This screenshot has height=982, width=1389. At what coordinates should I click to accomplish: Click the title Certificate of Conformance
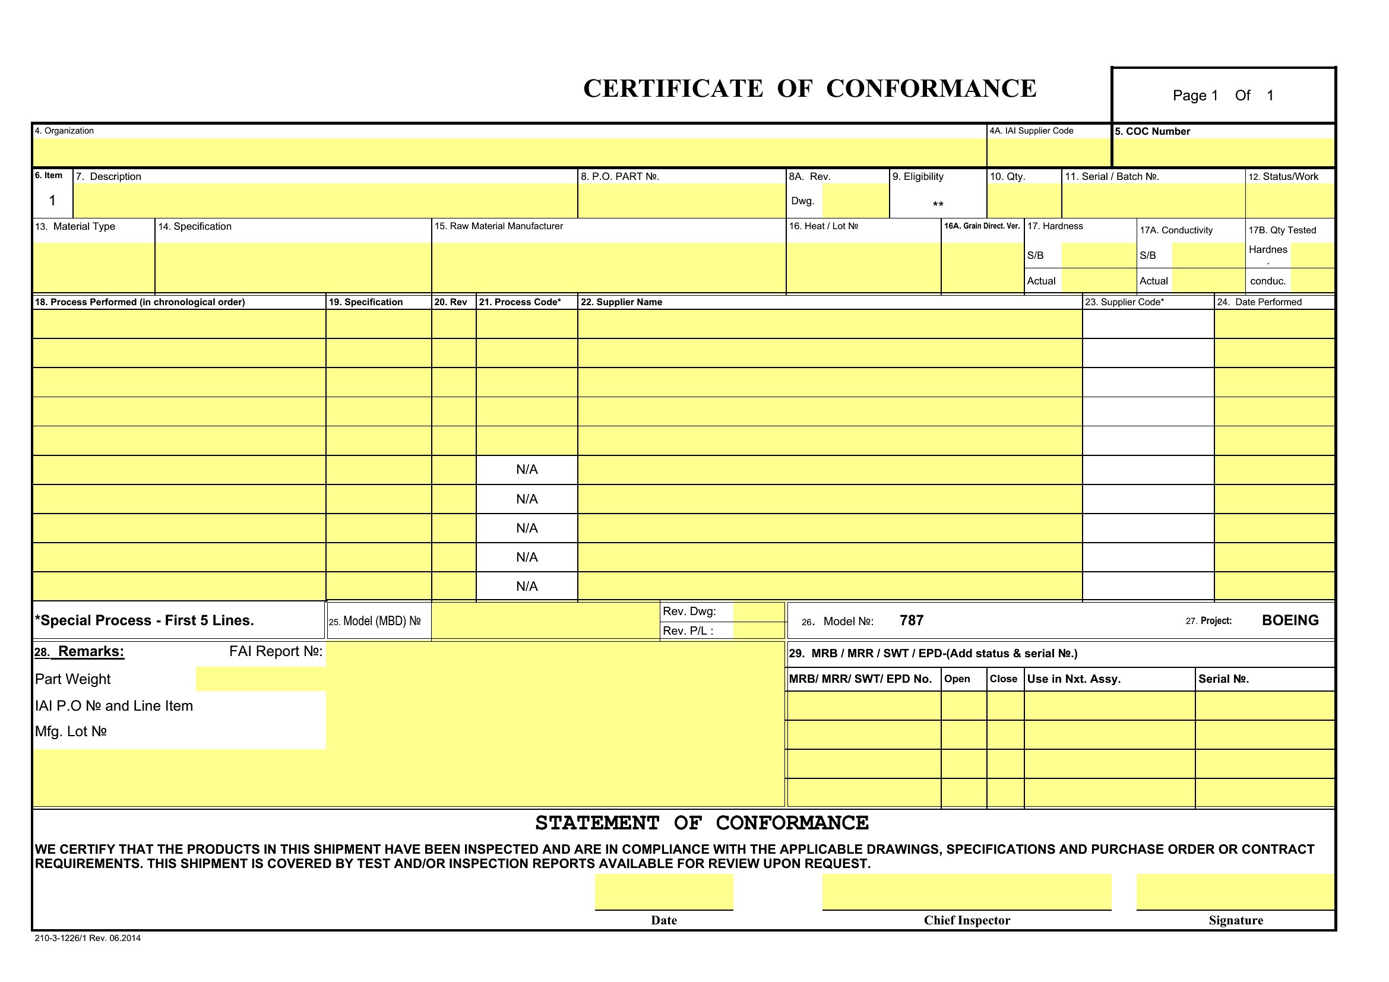point(809,88)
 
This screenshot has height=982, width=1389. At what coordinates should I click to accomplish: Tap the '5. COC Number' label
point(1152,132)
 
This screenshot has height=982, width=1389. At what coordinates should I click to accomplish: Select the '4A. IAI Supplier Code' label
point(1031,131)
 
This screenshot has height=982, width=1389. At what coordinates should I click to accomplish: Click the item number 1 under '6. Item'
point(52,200)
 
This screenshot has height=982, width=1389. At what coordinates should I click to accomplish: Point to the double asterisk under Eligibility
point(938,205)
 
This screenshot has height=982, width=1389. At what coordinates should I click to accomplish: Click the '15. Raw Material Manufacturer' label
point(498,226)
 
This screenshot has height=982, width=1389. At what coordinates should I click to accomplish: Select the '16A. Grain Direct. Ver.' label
point(982,226)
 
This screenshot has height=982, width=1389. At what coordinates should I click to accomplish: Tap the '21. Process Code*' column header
point(520,302)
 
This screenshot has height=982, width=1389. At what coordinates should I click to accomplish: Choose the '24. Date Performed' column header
point(1259,302)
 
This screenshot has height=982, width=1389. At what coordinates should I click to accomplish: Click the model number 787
point(911,620)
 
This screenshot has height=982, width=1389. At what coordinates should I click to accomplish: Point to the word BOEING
point(1290,620)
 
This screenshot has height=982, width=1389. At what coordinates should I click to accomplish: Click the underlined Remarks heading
point(91,651)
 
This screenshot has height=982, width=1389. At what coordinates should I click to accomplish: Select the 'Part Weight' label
point(72,679)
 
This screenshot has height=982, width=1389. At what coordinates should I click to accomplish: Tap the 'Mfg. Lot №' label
point(71,731)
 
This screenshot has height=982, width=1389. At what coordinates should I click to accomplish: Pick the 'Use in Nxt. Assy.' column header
point(1073,679)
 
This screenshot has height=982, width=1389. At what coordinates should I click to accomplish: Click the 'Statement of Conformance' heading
point(702,823)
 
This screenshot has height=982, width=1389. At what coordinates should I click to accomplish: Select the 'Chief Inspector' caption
point(967,920)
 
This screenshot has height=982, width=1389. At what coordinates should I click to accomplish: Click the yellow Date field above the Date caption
point(664,891)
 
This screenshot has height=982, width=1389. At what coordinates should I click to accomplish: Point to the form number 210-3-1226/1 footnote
point(88,939)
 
